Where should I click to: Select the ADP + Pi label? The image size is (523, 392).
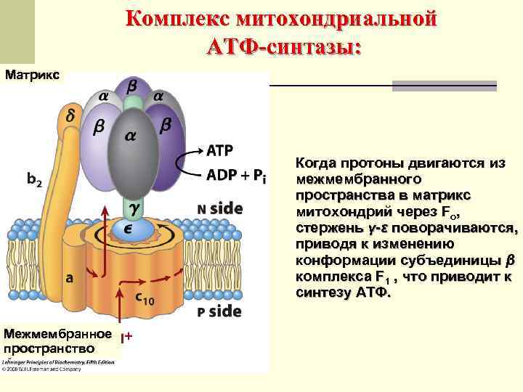click(237, 175)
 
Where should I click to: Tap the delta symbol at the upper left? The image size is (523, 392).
click(70, 115)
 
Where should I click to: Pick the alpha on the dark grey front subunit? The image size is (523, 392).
click(132, 135)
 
